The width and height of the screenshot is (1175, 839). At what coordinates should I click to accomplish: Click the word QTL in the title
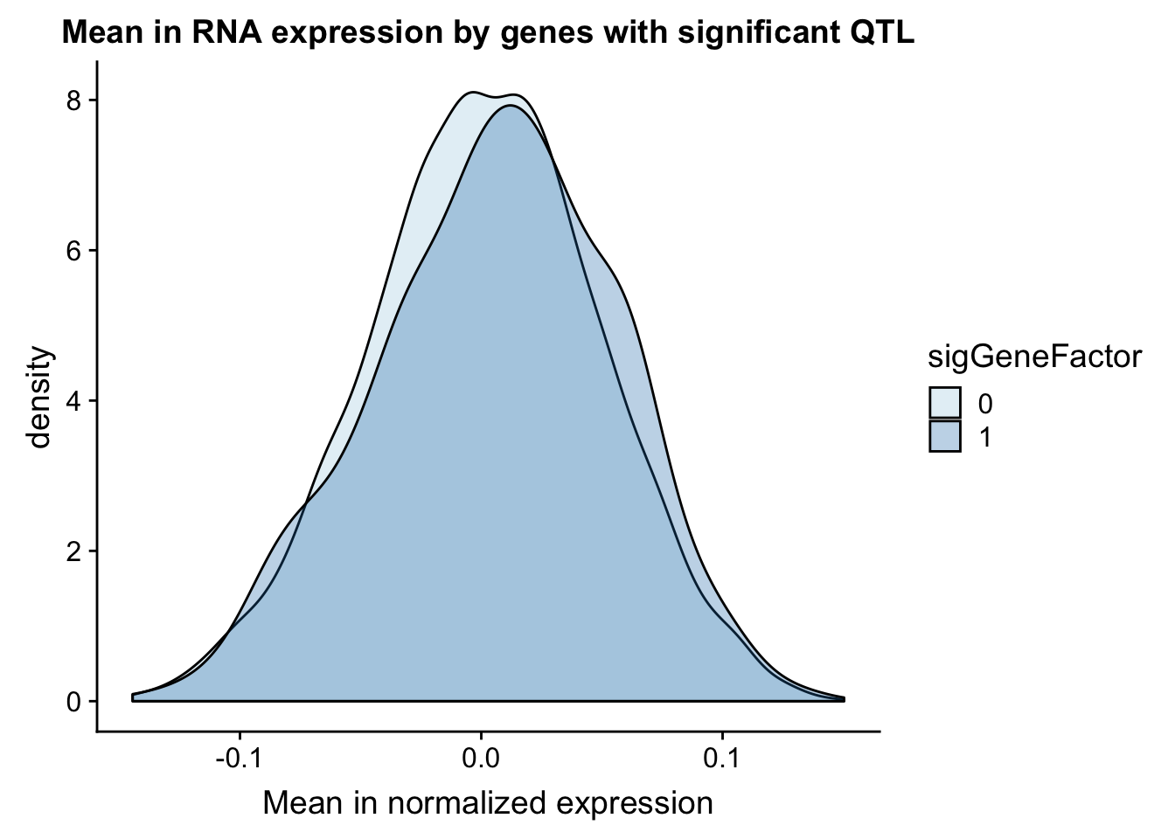coord(882,32)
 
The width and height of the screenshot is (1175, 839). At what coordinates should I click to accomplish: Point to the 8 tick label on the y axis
coord(74,101)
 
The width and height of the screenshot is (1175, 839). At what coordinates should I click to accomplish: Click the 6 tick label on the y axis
coord(74,251)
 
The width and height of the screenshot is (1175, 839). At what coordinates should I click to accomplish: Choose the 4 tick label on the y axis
coord(74,401)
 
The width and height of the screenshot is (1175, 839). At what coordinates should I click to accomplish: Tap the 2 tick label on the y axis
coord(74,551)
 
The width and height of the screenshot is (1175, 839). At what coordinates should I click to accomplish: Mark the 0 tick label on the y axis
coord(74,702)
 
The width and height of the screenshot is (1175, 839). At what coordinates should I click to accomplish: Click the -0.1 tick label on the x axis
coord(240,759)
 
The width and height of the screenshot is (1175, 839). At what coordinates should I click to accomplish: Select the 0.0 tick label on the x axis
coord(481,759)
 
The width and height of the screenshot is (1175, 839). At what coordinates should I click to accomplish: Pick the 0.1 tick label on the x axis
coord(722,759)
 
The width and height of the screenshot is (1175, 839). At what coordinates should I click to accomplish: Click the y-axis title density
coord(40,397)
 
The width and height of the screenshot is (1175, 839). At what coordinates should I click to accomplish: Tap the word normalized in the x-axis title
coord(467,803)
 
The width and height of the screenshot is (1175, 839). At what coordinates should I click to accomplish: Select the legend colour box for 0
coord(945,403)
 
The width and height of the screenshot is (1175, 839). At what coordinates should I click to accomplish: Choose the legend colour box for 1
coord(945,436)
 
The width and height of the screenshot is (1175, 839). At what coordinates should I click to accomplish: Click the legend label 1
coord(985,437)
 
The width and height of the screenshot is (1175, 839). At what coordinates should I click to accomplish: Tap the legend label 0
coord(985,405)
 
